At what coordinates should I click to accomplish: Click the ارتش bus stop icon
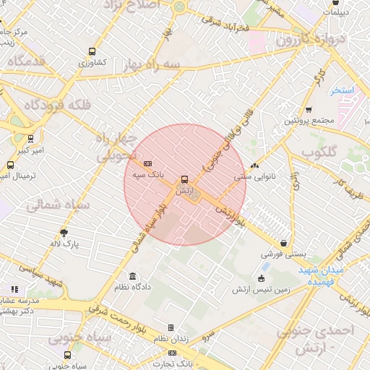click(x=184, y=179)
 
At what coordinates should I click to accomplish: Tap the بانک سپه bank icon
click(x=148, y=164)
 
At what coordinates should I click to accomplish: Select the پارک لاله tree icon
click(x=64, y=233)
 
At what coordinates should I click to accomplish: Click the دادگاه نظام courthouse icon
click(x=132, y=276)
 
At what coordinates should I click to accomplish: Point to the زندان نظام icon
click(x=171, y=327)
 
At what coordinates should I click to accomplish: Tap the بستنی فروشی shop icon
click(x=285, y=244)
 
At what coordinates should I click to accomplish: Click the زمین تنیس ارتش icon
click(x=262, y=278)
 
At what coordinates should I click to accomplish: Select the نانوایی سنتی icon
click(x=254, y=165)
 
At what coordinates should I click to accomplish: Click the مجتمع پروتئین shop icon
click(x=309, y=110)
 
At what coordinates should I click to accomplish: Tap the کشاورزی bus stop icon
click(x=91, y=51)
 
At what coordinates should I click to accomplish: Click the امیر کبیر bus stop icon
click(x=30, y=138)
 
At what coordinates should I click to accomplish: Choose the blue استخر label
click(x=340, y=91)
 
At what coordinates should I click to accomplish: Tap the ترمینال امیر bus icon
click(x=9, y=165)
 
